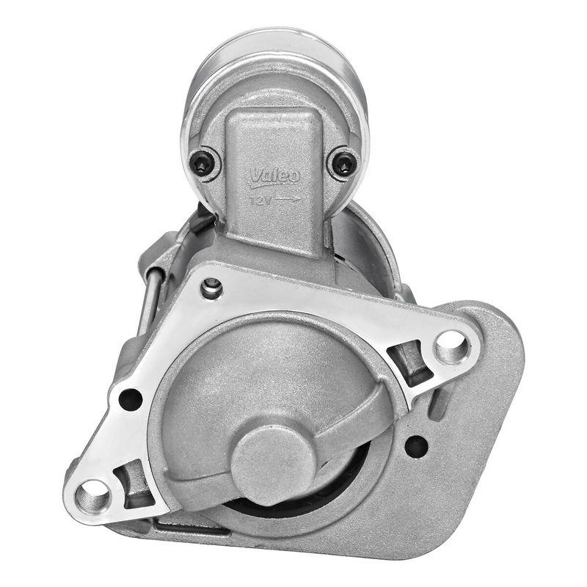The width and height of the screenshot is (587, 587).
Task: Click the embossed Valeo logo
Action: (275, 176)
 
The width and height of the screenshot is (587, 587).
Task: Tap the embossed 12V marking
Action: (260, 199)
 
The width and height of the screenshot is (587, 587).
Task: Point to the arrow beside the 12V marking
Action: (290, 198)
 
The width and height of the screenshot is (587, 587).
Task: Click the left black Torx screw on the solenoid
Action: (204, 163)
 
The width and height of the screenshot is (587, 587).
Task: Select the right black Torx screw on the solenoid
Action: (343, 163)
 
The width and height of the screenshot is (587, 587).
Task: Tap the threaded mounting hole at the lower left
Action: (93, 497)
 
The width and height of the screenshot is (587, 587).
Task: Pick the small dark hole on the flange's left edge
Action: (130, 400)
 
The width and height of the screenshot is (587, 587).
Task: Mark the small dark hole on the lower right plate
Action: (415, 445)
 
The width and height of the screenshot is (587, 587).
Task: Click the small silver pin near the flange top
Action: (211, 287)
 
